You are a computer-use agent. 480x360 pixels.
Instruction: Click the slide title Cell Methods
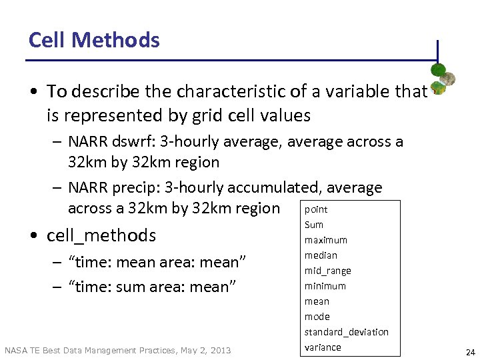click(94, 40)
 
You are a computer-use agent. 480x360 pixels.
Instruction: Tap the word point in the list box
click(316, 209)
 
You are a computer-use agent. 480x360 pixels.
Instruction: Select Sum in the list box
click(314, 225)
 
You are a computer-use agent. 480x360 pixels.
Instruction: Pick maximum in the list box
click(326, 240)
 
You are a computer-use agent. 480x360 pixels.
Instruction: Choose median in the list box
click(321, 255)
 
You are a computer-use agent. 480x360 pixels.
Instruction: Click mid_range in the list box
click(327, 271)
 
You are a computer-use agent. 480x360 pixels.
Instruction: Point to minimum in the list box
click(325, 286)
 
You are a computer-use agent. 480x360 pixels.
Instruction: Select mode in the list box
click(317, 317)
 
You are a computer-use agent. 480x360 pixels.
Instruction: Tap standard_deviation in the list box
click(346, 332)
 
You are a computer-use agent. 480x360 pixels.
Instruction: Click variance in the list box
click(323, 347)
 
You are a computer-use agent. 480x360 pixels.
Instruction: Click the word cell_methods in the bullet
click(101, 235)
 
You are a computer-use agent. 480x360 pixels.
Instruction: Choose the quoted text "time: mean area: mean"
click(158, 262)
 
